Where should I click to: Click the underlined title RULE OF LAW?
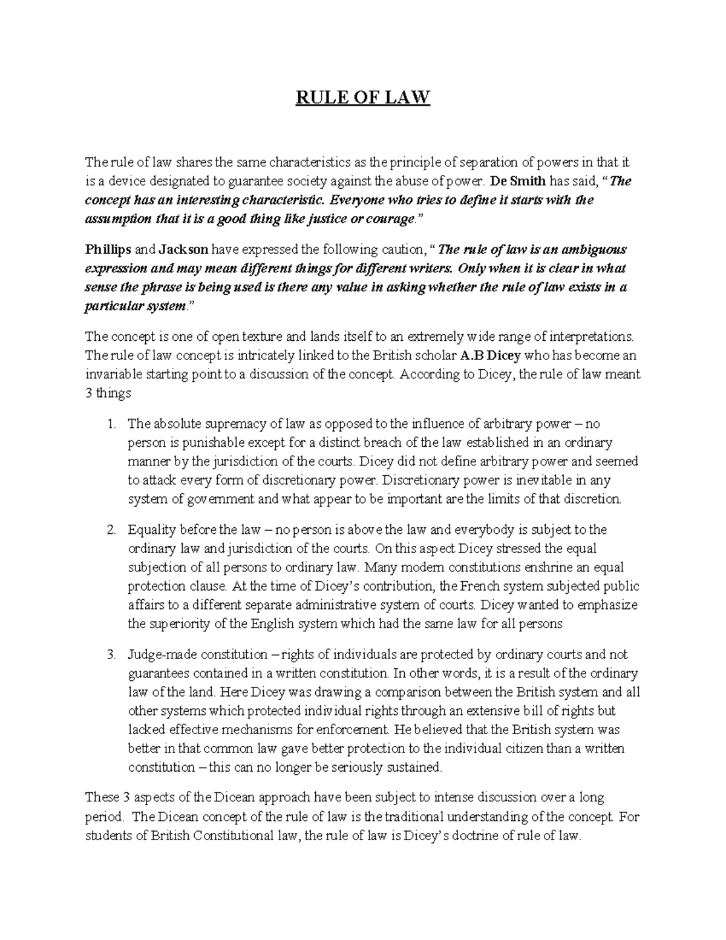(x=362, y=97)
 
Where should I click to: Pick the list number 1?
(x=111, y=424)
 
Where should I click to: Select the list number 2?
(x=111, y=530)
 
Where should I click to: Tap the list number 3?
(x=111, y=655)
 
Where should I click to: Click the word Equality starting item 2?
(x=150, y=530)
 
